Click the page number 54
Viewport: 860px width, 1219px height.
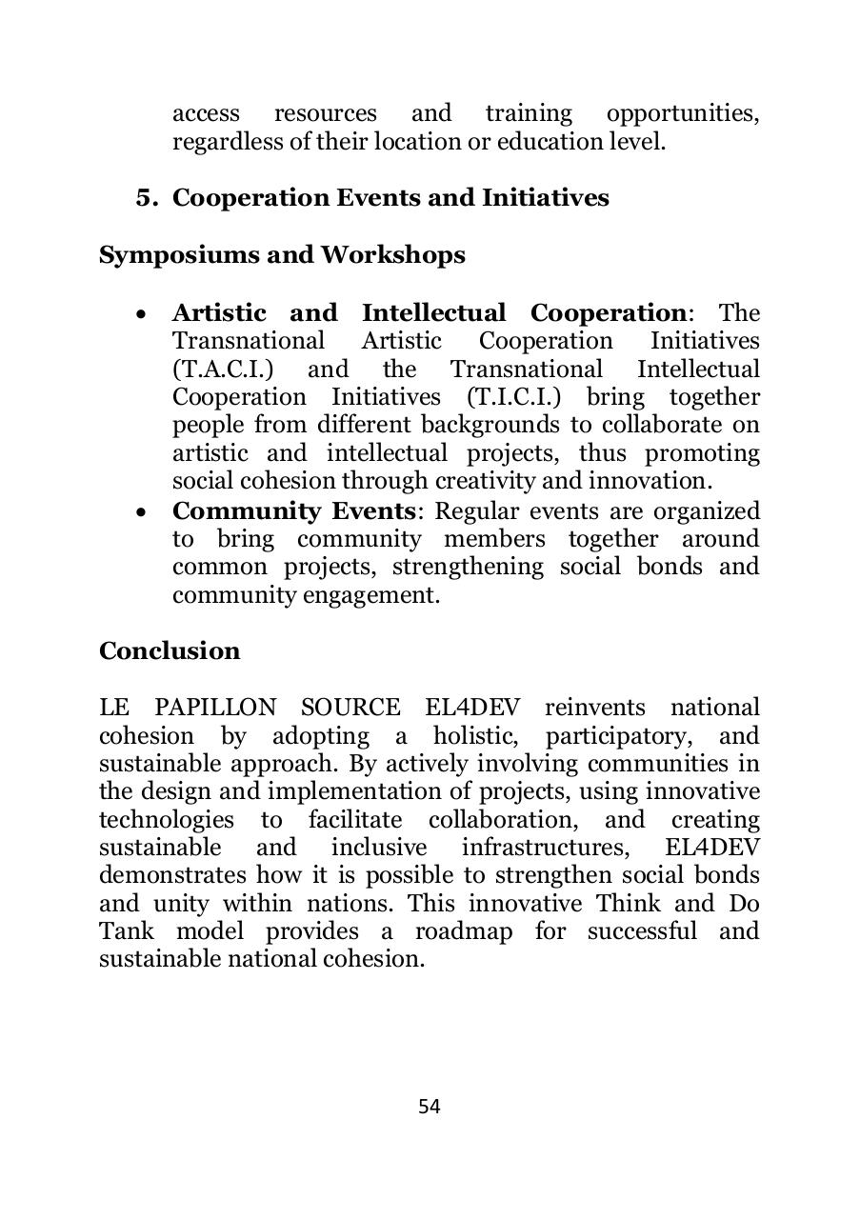[x=429, y=1106]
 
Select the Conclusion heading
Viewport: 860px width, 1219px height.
[x=170, y=650]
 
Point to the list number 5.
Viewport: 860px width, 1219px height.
[x=146, y=198]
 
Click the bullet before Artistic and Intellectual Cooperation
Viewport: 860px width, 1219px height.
[x=142, y=314]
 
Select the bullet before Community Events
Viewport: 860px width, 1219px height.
[x=142, y=512]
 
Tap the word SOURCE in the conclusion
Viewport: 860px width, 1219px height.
[x=350, y=708]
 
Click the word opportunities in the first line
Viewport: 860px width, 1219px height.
[x=683, y=113]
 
